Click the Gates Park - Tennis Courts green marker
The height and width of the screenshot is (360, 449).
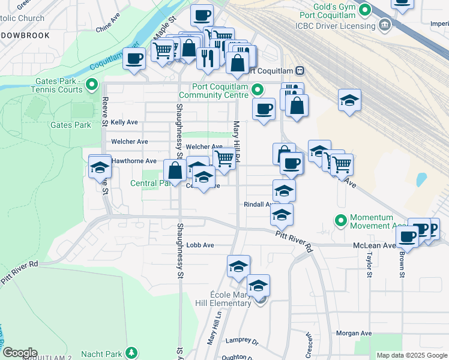click(92, 85)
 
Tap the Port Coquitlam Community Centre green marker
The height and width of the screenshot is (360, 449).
click(258, 90)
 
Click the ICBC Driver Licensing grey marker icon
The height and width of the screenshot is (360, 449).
click(385, 26)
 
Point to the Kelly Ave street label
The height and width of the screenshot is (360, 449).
click(124, 122)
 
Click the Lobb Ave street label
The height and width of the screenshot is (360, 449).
click(200, 245)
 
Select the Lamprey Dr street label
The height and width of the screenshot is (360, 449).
click(241, 341)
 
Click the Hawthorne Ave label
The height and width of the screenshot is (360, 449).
click(134, 161)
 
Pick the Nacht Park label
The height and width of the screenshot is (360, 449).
click(109, 354)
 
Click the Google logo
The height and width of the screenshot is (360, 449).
click(20, 353)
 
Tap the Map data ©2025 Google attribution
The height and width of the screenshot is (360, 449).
click(411, 355)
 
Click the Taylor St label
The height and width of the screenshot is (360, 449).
click(369, 265)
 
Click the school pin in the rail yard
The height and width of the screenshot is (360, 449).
click(349, 101)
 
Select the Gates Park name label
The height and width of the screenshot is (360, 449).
click(70, 125)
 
